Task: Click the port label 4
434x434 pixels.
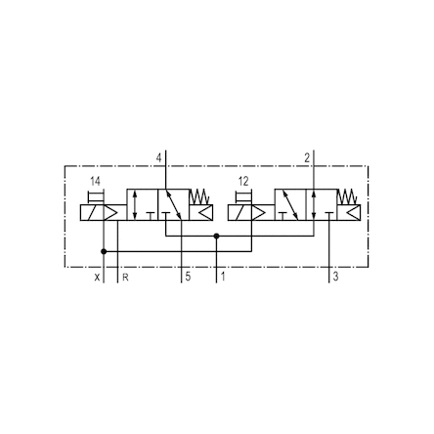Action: (158, 158)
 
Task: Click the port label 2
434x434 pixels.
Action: (307, 158)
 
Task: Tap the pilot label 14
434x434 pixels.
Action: (96, 181)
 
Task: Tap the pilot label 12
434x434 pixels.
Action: (243, 181)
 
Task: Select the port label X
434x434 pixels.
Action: (97, 278)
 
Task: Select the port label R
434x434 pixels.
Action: (125, 278)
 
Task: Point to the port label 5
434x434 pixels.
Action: (188, 277)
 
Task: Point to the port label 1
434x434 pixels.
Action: (223, 277)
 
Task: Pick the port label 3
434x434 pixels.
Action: (335, 277)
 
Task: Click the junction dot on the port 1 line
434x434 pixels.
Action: (216, 236)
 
